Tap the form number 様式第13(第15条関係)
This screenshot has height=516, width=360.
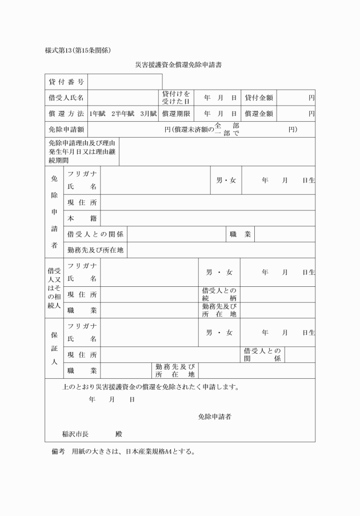click(x=78, y=50)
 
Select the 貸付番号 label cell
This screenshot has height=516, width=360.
click(x=66, y=82)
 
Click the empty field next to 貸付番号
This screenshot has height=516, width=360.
click(x=125, y=82)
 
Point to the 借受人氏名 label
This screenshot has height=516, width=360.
click(x=66, y=98)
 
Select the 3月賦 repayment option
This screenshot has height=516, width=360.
click(x=148, y=114)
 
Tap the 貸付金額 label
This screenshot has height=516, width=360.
click(x=259, y=98)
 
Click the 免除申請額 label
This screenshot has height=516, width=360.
click(x=66, y=130)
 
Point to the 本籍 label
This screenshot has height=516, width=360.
click(x=82, y=218)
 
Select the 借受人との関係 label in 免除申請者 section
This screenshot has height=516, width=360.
click(x=95, y=234)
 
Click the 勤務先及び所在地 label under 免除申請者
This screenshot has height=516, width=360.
click(x=95, y=250)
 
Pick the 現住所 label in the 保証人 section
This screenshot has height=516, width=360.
click(x=82, y=355)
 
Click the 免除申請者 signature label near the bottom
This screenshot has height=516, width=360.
click(x=214, y=417)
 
